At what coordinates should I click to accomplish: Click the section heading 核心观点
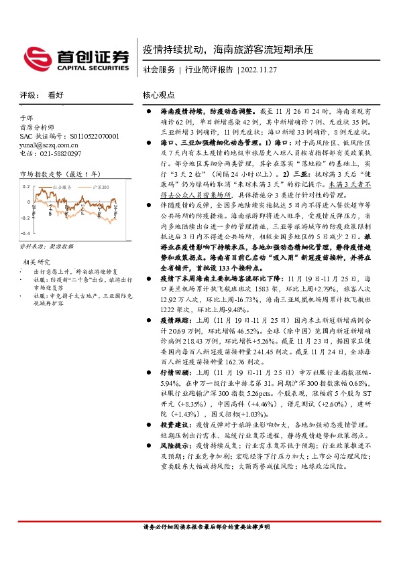pos(158,96)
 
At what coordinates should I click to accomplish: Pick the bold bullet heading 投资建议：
pos(176,425)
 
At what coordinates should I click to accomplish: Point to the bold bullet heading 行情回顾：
pos(176,371)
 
